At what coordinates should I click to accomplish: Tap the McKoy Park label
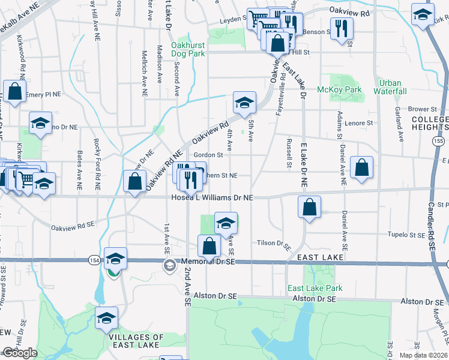[348, 90]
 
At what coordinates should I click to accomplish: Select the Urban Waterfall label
[390, 87]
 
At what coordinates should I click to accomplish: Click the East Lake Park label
[315, 288]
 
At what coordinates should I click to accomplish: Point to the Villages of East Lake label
[136, 341]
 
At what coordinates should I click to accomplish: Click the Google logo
[19, 353]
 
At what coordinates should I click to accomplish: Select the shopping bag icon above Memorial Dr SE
[209, 245]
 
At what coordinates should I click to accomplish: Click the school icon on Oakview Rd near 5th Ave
[244, 103]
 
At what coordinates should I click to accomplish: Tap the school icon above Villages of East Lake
[106, 317]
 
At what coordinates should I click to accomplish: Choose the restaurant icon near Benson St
[342, 28]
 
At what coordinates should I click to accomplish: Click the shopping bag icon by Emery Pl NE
[14, 92]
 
